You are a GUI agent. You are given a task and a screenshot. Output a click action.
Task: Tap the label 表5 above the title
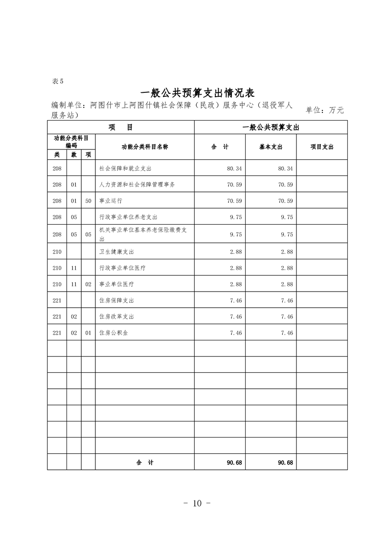point(57,81)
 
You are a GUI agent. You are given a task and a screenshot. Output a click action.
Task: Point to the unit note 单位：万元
point(324,110)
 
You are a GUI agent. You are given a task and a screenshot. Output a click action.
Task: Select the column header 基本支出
point(271,147)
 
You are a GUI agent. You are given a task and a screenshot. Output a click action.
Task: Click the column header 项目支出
point(321,147)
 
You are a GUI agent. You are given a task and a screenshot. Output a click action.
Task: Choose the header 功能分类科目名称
point(144,147)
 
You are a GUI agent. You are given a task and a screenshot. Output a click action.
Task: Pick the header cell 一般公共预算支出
point(271,127)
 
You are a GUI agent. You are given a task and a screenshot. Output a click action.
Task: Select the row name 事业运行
point(109,201)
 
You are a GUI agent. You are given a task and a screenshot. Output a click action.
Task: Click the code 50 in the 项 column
point(88,201)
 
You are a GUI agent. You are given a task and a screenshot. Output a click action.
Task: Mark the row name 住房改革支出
point(116,316)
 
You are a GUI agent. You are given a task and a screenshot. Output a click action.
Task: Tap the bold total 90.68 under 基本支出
point(285,463)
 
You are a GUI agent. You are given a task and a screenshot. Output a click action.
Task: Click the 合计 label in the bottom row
point(145,463)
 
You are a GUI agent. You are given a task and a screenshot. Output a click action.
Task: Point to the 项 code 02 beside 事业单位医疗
point(88,284)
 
